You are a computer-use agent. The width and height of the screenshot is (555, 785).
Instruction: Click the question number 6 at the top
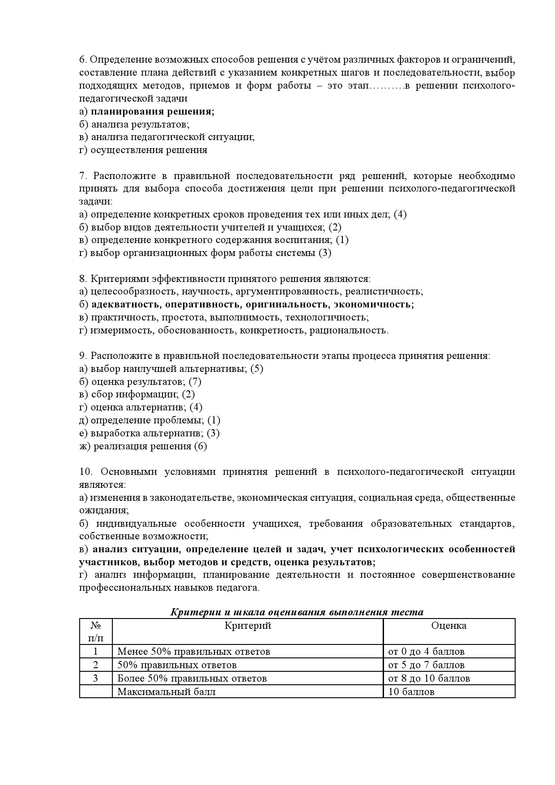[82, 60]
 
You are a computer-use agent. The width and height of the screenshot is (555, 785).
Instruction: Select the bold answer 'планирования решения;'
[153, 111]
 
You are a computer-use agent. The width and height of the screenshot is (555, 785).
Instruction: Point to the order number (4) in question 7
[400, 214]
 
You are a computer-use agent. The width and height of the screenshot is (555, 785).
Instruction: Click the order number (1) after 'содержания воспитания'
[342, 240]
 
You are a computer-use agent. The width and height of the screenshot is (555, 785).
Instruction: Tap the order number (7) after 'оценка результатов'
[195, 382]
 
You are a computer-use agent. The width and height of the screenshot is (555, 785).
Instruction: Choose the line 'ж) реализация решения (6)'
[143, 446]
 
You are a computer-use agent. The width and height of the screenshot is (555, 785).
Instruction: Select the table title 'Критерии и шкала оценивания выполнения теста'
[297, 612]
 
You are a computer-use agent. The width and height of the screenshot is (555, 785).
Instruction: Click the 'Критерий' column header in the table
[248, 626]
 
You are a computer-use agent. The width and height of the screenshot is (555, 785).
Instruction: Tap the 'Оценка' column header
[448, 626]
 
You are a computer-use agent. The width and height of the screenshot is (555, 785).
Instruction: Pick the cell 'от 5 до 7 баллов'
[427, 665]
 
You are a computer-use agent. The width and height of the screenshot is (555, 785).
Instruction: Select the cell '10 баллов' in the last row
[411, 691]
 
